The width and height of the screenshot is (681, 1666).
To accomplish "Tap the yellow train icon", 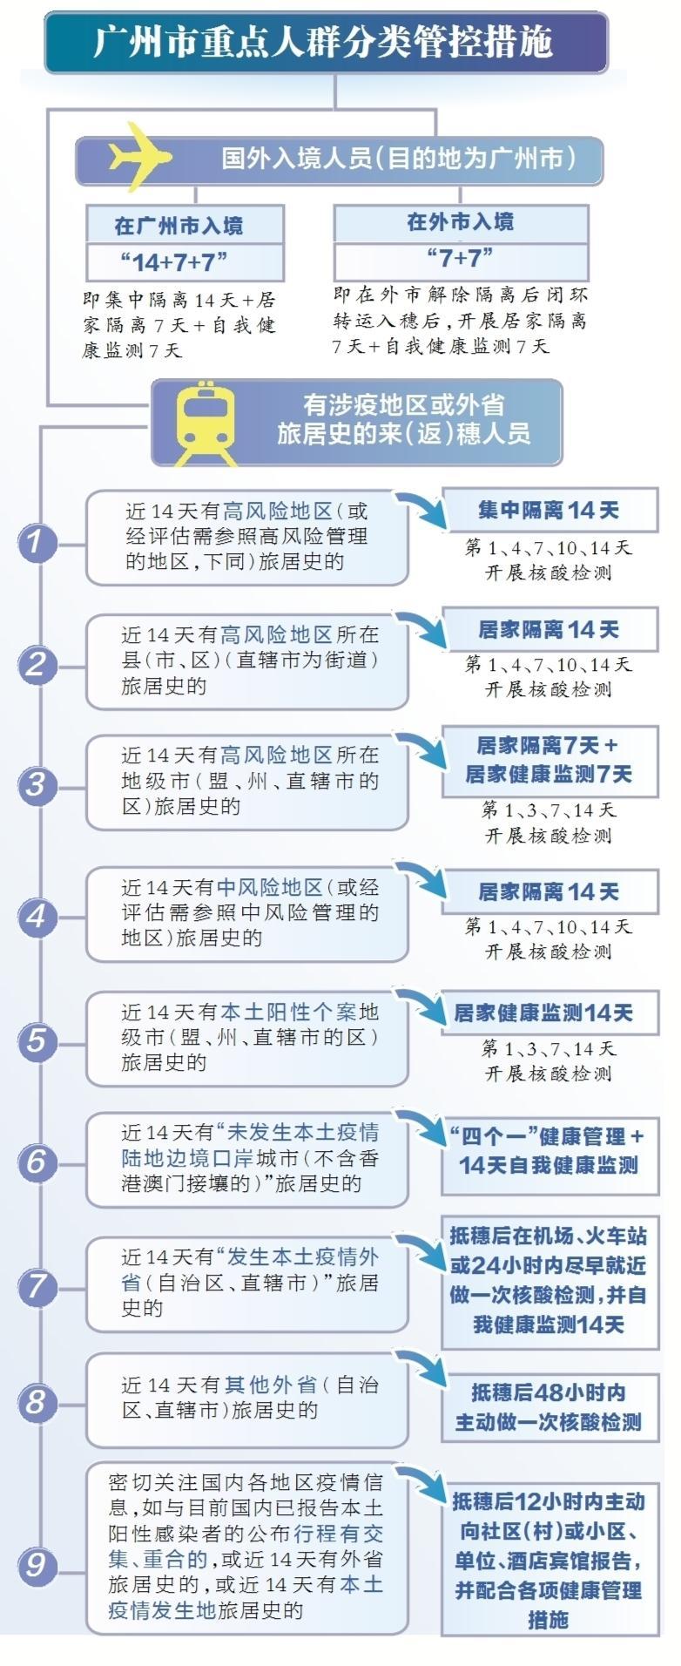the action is (206, 423).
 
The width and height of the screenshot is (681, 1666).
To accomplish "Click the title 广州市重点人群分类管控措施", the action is (324, 41).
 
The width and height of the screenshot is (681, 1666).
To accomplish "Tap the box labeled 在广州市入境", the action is (185, 226).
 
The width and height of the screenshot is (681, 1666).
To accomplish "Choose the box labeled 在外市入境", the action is (461, 223).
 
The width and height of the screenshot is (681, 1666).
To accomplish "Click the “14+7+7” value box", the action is (185, 261).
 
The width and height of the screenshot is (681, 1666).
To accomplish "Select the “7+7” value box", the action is (461, 259).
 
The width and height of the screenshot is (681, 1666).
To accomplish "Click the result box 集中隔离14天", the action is (550, 510).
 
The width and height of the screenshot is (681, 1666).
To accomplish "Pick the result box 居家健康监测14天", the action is (550, 1012).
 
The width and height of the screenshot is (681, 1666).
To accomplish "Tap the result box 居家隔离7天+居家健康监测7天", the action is (550, 760).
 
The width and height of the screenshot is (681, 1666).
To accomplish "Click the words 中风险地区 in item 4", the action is (270, 887).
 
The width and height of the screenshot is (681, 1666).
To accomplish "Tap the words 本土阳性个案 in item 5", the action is (288, 1012).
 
